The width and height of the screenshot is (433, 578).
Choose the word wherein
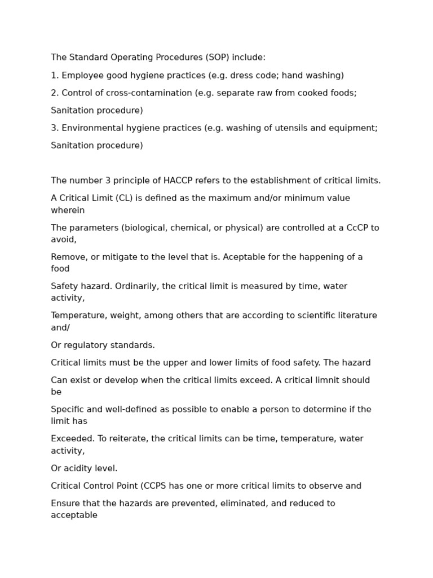coord(68,211)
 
